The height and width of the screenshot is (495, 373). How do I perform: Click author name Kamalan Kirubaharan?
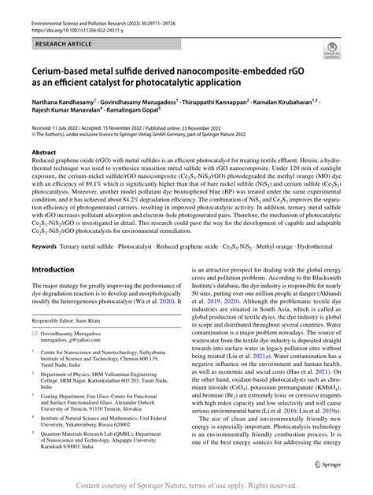coord(291,102)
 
